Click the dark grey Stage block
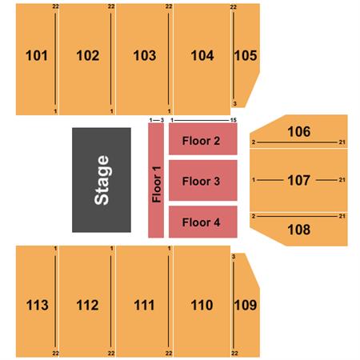pos(102,180)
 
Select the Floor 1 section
pos(156,180)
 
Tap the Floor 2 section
pos(203,139)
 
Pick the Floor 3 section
pos(203,181)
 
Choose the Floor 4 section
pos(203,222)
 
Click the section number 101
pos(37,55)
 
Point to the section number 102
pos(88,55)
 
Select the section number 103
pos(145,55)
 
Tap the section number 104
pos(202,55)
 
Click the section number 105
pos(246,55)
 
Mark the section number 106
pos(299,131)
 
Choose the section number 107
pos(299,180)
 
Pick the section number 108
pos(299,230)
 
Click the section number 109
pos(246,305)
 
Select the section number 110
pos(202,305)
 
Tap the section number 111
pos(144,305)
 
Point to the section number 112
pos(87,305)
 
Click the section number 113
pos(38,305)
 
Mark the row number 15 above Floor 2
pos(234,120)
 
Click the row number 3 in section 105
pos(235,104)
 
